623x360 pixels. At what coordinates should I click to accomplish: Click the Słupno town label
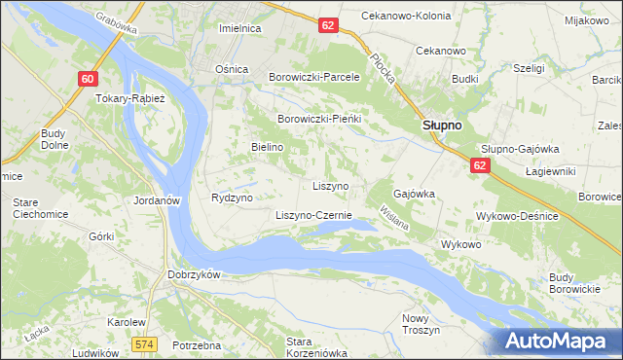(441, 126)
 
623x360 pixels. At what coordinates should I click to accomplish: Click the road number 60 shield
(88, 79)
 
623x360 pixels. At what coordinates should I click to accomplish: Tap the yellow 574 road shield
(145, 344)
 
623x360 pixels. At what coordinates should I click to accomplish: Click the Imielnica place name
(240, 28)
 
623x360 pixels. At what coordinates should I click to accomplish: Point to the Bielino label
(267, 146)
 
